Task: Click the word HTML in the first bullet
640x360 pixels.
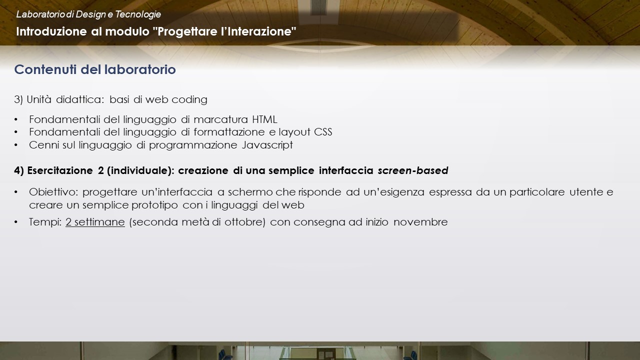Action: point(265,119)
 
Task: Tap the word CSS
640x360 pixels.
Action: point(323,132)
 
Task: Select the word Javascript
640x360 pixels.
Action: point(267,145)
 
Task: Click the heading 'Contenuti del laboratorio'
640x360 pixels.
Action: point(95,69)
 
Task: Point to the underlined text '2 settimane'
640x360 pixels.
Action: point(95,222)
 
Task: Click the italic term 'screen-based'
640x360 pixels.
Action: point(413,170)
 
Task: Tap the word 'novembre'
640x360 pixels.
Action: point(420,222)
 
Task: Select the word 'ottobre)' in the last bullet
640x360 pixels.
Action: point(245,222)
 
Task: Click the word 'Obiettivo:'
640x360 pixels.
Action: point(53,192)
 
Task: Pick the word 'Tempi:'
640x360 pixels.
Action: point(45,222)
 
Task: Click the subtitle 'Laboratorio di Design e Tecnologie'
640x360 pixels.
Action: point(88,14)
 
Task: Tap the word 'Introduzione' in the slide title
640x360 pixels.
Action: point(51,31)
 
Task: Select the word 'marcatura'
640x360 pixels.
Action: point(221,119)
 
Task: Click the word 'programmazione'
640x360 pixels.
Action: point(193,145)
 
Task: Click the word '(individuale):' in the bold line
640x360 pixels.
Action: point(140,170)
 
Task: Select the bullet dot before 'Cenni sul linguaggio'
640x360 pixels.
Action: point(16,145)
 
